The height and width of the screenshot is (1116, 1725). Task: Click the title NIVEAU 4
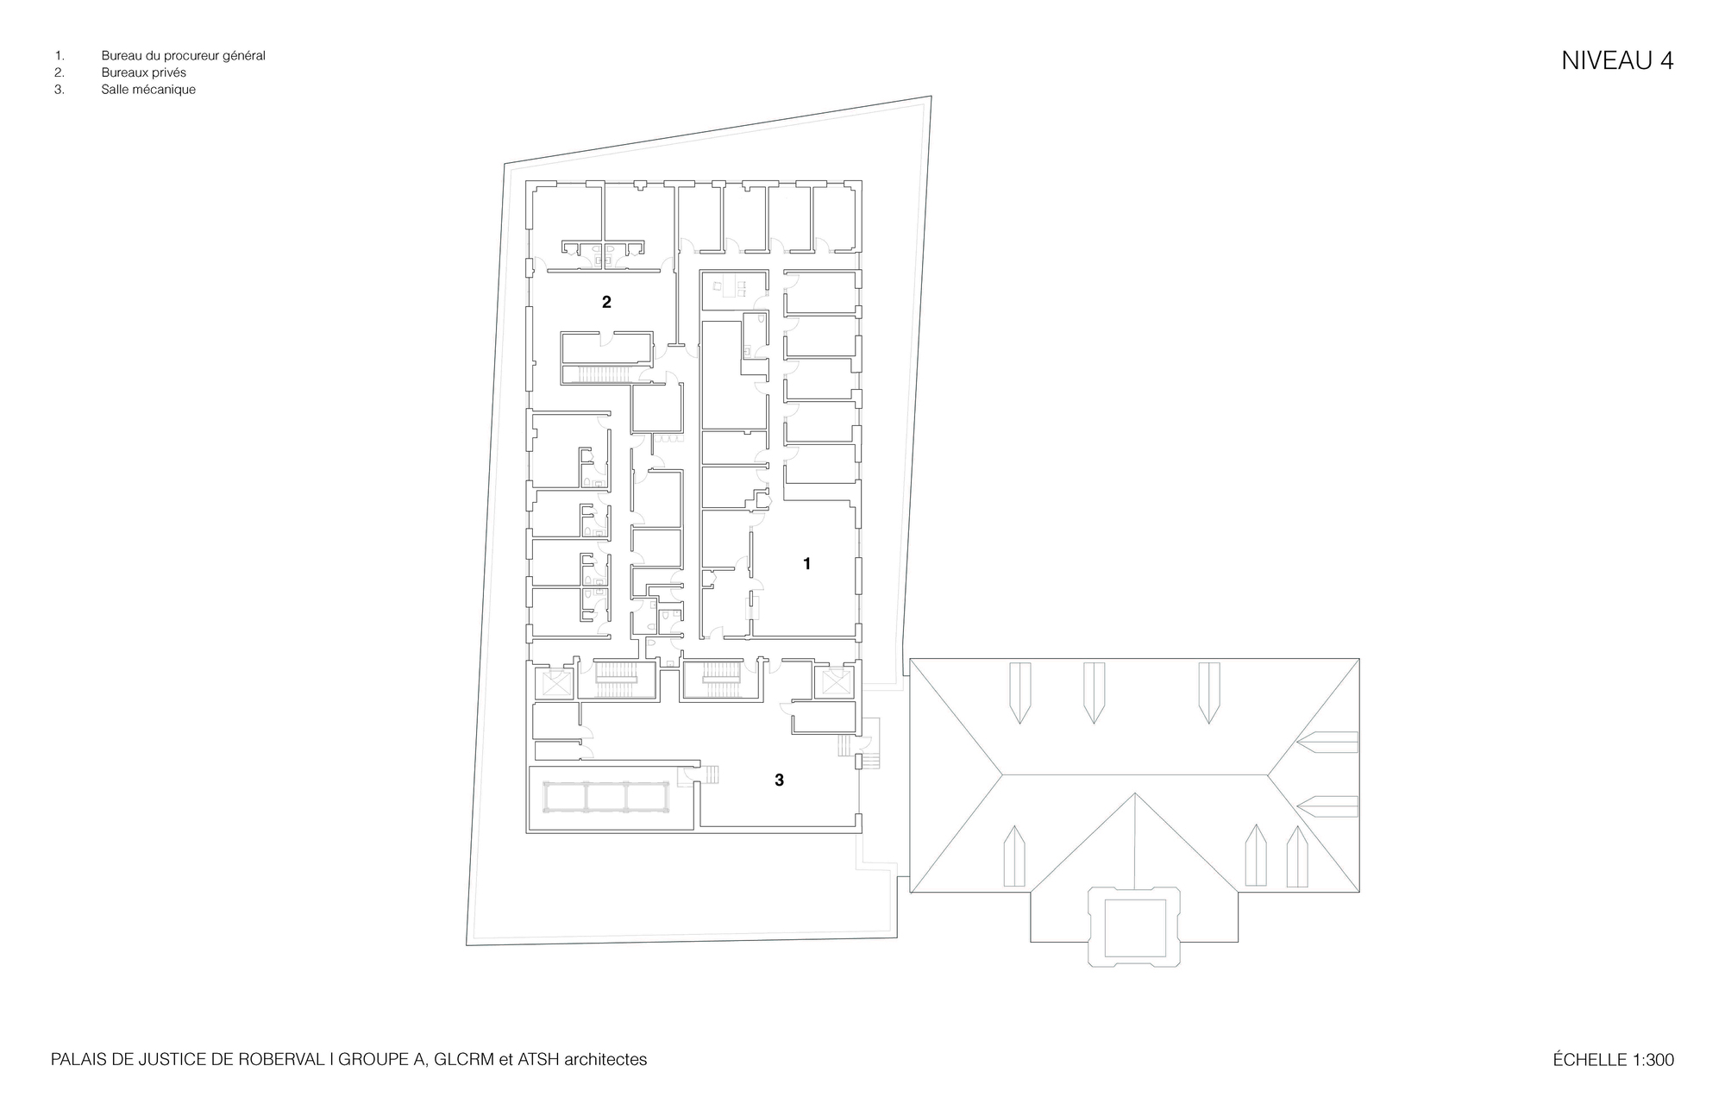pyautogui.click(x=1617, y=61)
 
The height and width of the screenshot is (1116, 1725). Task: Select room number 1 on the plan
pyautogui.click(x=806, y=563)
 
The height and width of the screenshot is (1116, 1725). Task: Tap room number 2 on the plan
pyautogui.click(x=606, y=302)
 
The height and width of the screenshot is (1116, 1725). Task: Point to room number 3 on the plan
pyautogui.click(x=779, y=780)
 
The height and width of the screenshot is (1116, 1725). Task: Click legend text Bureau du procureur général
pyautogui.click(x=183, y=56)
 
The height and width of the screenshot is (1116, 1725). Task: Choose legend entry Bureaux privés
pyautogui.click(x=143, y=72)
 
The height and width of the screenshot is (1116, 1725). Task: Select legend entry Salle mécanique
pyautogui.click(x=148, y=90)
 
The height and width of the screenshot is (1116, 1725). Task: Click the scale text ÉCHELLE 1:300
pyautogui.click(x=1614, y=1060)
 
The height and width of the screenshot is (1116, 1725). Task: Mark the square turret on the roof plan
pyautogui.click(x=1135, y=926)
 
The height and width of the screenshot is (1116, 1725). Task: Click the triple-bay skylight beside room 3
pyautogui.click(x=606, y=796)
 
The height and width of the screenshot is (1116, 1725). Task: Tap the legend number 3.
pyautogui.click(x=58, y=90)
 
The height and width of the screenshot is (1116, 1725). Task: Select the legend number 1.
pyautogui.click(x=58, y=56)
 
